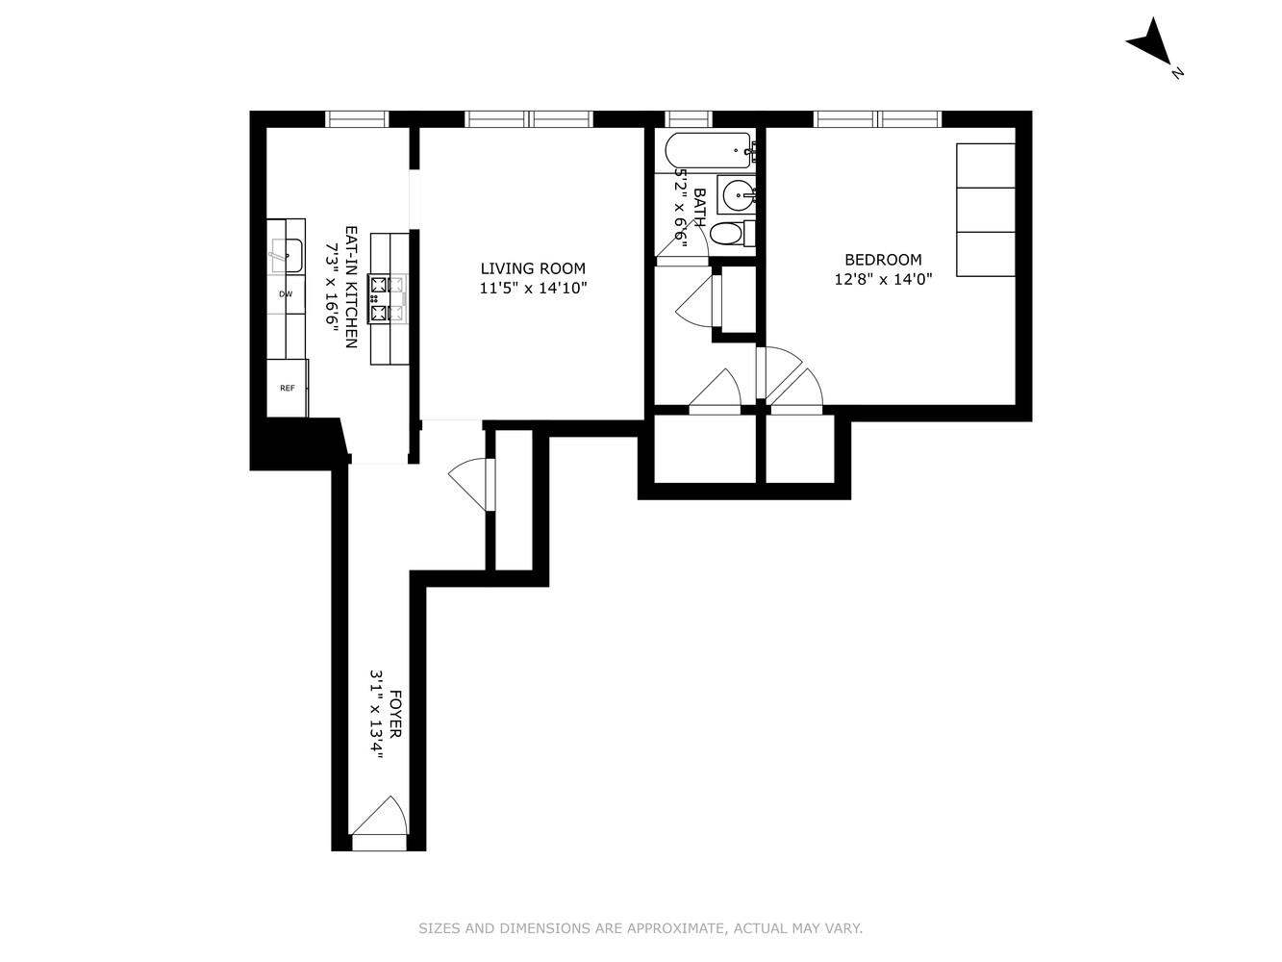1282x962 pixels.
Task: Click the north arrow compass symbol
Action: pos(1151,43)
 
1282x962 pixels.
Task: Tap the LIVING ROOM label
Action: pos(532,269)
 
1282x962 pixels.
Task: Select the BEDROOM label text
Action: pos(883,260)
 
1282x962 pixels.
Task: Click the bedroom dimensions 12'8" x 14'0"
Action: pos(883,279)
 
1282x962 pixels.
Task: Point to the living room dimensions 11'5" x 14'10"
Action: pos(532,288)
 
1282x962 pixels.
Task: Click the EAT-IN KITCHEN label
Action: pos(351,288)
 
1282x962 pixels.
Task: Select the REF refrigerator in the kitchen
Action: pos(287,389)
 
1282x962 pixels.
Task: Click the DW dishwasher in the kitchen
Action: pos(286,294)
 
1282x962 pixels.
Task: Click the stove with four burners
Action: pos(389,299)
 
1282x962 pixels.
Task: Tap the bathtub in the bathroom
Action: pos(710,150)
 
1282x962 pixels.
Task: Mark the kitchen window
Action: pos(356,119)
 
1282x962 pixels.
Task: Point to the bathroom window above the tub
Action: pos(689,119)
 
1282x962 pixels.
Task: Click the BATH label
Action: pos(699,207)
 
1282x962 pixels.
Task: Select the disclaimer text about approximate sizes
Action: pos(641,928)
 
